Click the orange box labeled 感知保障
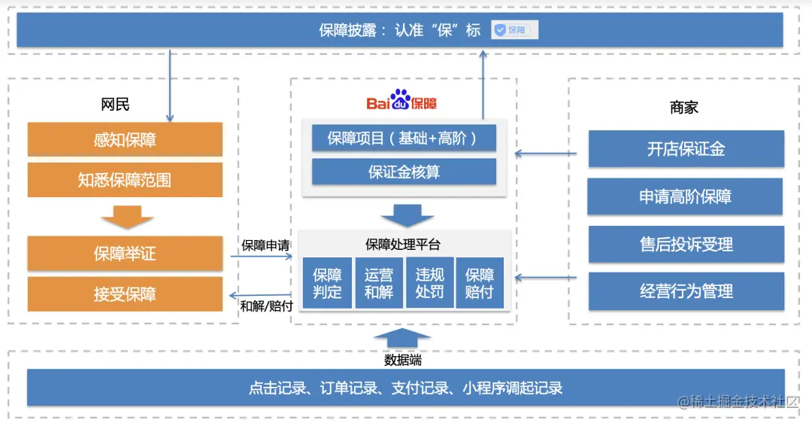(125, 140)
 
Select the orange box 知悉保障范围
(125, 180)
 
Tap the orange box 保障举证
(125, 254)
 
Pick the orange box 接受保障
(125, 294)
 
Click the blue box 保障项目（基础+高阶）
(403, 138)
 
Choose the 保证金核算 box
(403, 172)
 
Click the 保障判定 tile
(327, 283)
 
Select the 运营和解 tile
(378, 283)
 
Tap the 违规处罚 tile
(429, 283)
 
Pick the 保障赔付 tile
(480, 283)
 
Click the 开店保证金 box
(686, 149)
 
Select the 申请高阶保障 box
(686, 197)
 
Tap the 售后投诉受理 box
(686, 245)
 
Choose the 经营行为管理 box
(686, 291)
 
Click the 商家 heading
(683, 108)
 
